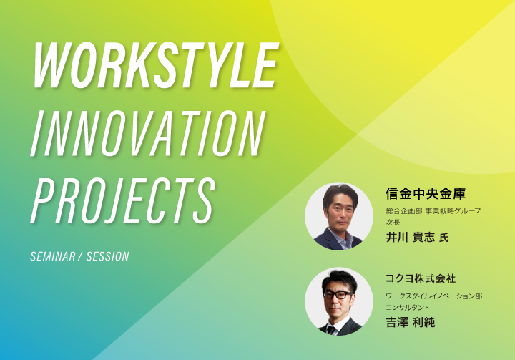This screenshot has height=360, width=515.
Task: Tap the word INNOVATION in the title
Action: [x=148, y=133]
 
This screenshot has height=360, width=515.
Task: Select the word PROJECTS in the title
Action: [x=123, y=200]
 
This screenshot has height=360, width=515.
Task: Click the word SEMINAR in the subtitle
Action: [x=53, y=256]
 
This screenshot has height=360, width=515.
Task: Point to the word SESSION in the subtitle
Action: [x=108, y=256]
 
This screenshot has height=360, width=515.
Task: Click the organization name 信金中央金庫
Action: [x=426, y=194]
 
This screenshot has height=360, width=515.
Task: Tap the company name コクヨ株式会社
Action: [x=421, y=278]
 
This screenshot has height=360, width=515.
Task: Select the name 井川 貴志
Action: [x=411, y=238]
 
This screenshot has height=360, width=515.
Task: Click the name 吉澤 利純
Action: [x=411, y=323]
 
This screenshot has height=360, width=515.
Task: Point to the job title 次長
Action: [x=393, y=223]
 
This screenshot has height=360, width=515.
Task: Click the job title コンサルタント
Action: [x=408, y=308]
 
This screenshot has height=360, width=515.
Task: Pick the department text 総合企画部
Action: [x=404, y=211]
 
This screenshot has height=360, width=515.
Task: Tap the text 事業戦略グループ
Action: [x=453, y=211]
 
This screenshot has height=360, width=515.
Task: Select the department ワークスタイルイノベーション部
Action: [x=434, y=296]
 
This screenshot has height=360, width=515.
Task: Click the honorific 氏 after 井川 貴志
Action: [x=444, y=238]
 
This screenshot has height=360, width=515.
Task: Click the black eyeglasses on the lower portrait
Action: [x=338, y=295]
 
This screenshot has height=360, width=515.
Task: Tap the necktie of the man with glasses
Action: [x=331, y=330]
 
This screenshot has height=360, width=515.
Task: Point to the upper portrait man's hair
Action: [x=340, y=194]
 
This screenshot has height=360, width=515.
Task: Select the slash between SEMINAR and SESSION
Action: [x=81, y=256]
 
